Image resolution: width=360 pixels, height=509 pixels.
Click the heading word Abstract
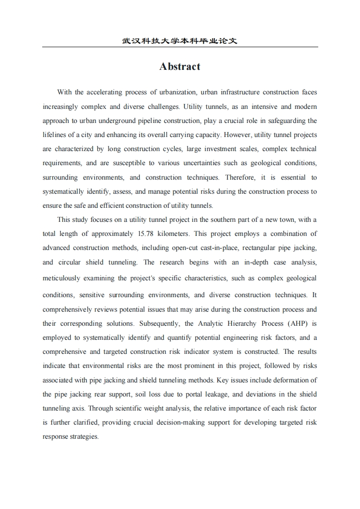[180, 67]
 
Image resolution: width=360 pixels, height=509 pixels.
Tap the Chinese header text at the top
[180, 41]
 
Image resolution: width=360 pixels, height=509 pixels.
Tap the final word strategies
[84, 436]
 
